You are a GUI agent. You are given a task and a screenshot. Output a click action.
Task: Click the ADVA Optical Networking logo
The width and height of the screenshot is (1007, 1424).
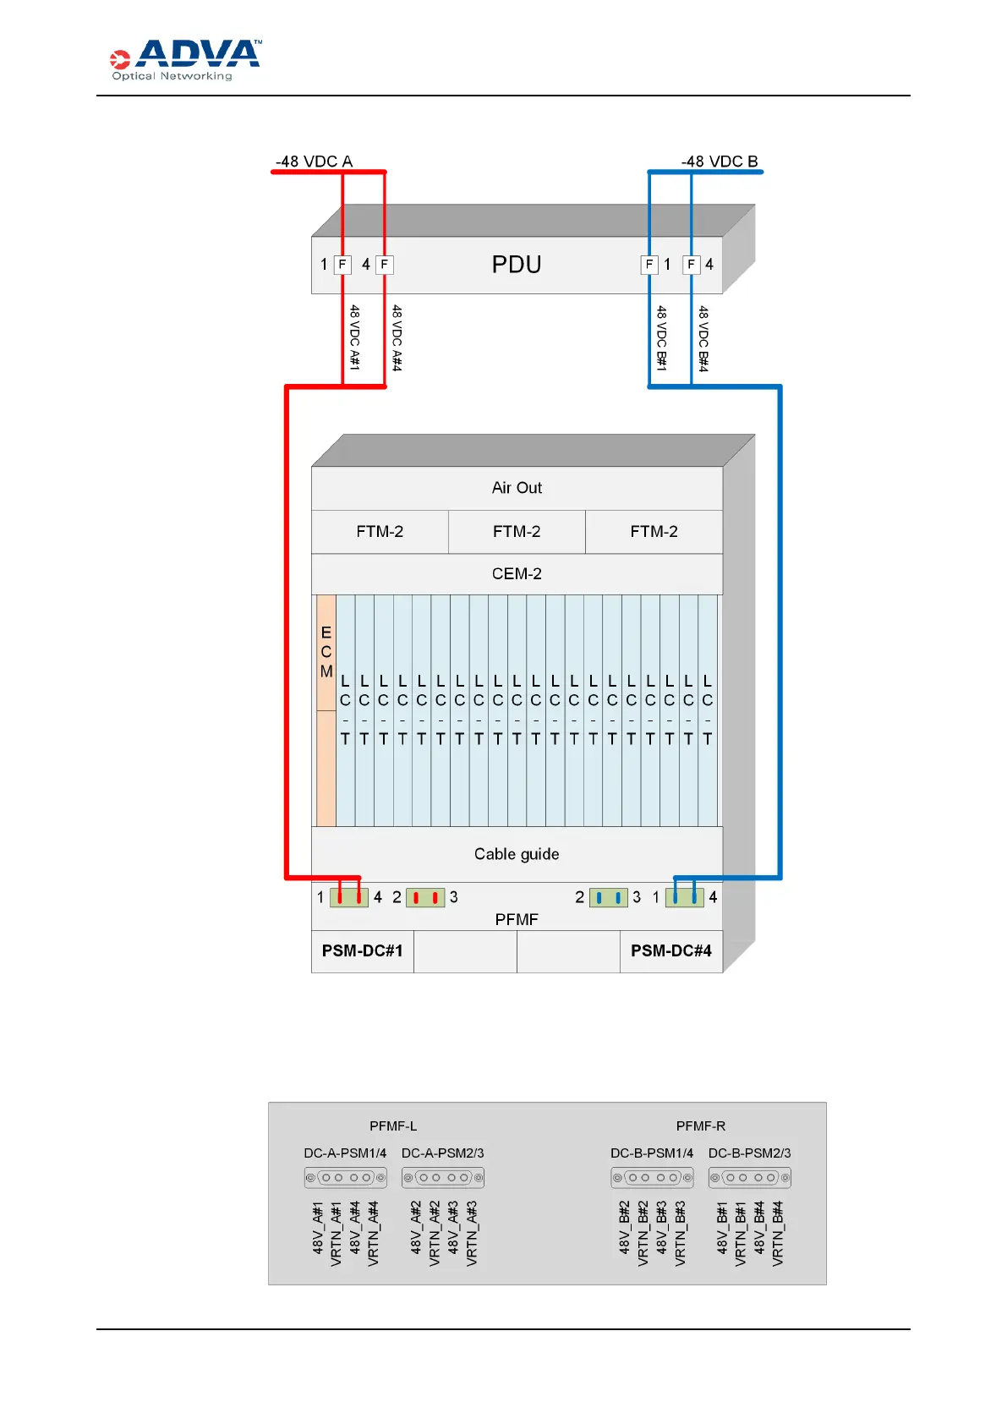coord(185,60)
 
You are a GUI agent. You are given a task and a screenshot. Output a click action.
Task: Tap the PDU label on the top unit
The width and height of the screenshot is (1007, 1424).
coord(517,265)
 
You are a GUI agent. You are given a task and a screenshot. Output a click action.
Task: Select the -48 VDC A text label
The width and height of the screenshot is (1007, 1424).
coord(314,162)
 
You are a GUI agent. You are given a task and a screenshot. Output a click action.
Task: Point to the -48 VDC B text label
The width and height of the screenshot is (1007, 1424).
coord(720,162)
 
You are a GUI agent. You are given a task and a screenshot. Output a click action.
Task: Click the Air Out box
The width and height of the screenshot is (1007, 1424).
coord(517,488)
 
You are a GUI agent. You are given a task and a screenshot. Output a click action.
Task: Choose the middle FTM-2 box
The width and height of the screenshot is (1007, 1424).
coord(517,532)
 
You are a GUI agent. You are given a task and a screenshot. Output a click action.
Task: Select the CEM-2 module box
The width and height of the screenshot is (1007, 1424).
coord(517,574)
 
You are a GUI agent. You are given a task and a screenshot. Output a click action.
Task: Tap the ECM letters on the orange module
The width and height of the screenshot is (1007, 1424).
coord(326,652)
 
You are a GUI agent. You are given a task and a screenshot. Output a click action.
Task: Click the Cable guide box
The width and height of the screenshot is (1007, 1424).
coord(517,854)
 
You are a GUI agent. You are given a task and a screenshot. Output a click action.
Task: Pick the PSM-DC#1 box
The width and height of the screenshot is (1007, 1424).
coord(362,951)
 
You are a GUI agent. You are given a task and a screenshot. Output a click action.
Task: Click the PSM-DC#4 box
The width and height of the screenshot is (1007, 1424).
coord(671,951)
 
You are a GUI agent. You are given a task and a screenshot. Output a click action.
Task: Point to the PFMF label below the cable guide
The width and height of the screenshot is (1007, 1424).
coord(517,919)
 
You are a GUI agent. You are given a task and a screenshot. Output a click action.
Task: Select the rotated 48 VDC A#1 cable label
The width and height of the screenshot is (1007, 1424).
coord(355,337)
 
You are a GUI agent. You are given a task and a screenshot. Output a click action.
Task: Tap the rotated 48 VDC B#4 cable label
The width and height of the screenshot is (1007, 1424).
coord(703,338)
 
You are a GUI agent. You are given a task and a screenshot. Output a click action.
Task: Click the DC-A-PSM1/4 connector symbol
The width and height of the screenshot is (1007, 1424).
coord(345,1177)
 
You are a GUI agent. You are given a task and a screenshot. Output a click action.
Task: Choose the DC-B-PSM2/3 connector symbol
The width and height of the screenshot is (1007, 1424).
coord(750,1177)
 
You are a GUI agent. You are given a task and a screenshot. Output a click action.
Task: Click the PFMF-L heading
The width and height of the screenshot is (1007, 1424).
coord(393,1126)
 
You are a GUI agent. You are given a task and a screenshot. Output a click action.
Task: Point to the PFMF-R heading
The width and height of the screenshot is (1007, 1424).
coord(701,1126)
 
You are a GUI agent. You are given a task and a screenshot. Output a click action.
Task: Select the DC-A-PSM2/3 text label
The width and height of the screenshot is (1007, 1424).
coord(442,1153)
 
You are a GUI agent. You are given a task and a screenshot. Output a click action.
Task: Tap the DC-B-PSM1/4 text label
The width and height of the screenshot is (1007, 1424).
coord(652,1153)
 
